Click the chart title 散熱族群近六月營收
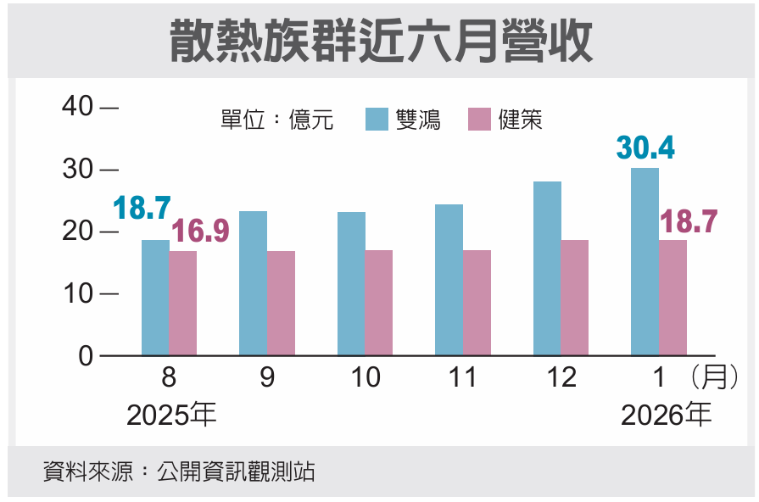coord(381,40)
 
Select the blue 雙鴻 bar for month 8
coord(155,298)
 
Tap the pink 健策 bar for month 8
coord(183,303)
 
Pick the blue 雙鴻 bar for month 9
coord(253,283)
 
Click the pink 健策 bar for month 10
coord(379,303)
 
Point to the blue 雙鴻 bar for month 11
coord(449,280)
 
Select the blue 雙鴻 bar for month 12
coord(547,268)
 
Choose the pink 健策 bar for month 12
coord(575,298)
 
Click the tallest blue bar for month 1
coord(645,261)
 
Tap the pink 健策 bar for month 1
coord(673,298)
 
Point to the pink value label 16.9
coord(201,231)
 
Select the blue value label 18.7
coord(142,208)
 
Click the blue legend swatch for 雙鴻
coord(377,120)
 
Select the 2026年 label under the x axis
coord(666,416)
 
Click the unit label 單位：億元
coord(276,120)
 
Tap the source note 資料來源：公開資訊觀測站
coord(179,471)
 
